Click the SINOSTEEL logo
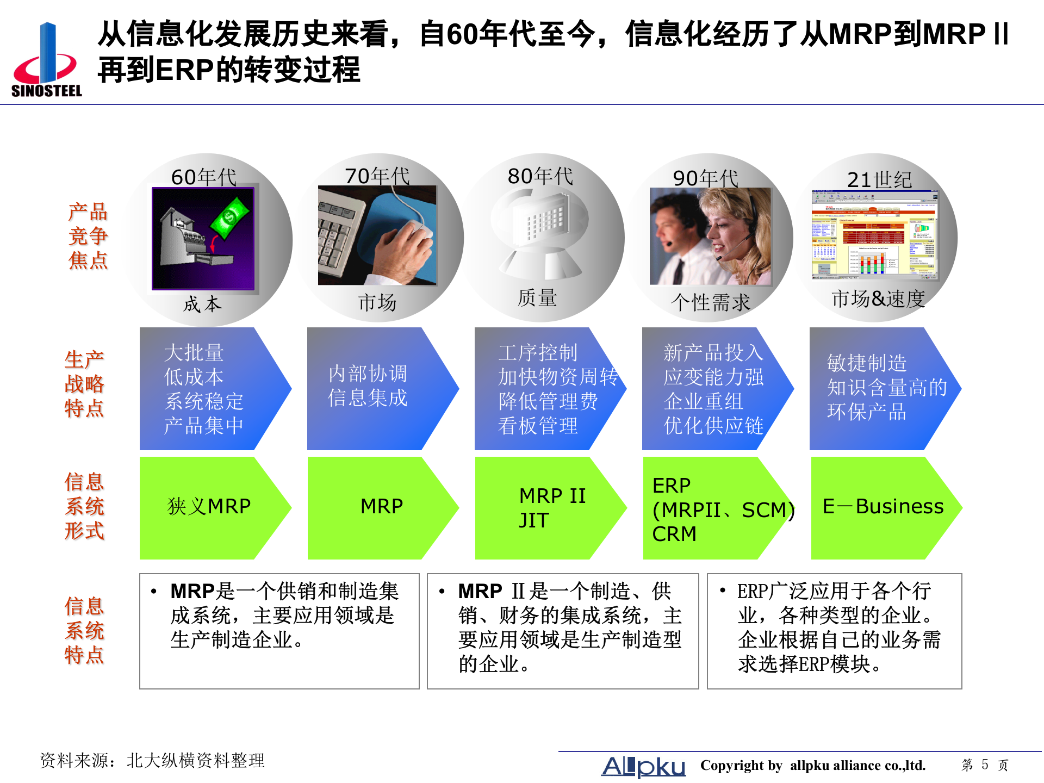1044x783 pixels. [47, 60]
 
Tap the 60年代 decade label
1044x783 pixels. [203, 177]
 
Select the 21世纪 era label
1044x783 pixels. [879, 179]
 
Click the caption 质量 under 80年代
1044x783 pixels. [537, 298]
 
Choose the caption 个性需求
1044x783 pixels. [710, 302]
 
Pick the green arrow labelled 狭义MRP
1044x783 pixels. [209, 507]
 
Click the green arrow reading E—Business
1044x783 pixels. [883, 507]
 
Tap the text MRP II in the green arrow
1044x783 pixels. [552, 496]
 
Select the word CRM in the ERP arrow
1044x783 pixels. [674, 534]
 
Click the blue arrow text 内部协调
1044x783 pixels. [368, 374]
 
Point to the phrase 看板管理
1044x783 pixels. [538, 425]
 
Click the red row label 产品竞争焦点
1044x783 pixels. [88, 236]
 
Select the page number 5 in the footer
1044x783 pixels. [985, 765]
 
